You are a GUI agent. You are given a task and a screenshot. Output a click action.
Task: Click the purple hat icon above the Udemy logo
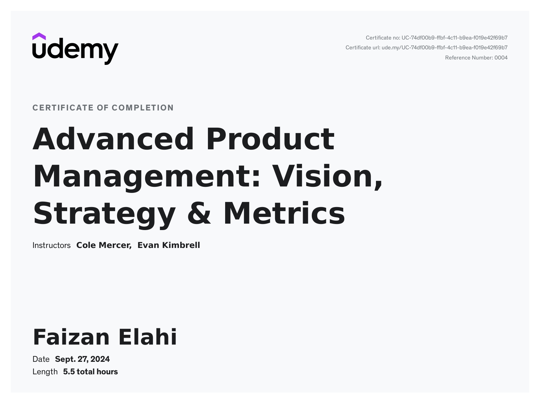point(39,36)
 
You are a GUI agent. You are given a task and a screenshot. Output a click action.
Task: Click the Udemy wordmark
point(76,51)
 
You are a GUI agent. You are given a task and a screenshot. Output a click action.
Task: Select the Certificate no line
point(436,38)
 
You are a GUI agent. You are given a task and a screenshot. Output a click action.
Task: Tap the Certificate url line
point(427,48)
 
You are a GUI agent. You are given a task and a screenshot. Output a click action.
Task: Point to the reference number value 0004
point(501,58)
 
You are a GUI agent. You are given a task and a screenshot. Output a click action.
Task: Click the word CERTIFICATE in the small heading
point(63,108)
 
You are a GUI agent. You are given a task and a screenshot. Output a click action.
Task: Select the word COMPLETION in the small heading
point(143,108)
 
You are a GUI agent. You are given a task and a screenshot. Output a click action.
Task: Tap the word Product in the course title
point(270,139)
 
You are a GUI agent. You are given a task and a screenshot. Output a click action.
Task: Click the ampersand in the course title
point(199,213)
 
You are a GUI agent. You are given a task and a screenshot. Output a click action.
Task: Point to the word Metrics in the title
point(284,213)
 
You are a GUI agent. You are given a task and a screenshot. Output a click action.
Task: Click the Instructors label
point(51,245)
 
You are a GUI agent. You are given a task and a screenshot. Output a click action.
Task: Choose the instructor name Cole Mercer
point(104,245)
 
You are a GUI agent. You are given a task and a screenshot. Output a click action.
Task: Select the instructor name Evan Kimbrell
point(169,245)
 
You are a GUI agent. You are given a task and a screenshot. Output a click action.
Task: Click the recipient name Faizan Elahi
point(105,337)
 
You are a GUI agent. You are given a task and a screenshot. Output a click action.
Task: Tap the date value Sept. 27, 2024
point(82,359)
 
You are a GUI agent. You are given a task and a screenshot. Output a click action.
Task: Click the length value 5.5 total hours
point(90,372)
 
